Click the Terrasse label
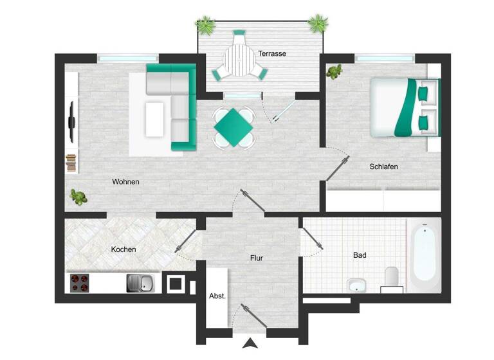[272, 53]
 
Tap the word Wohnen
[125, 182]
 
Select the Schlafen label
[383, 166]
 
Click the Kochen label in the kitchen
[123, 249]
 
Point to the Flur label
[257, 258]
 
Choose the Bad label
[360, 255]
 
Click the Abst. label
[217, 296]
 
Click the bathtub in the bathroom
[424, 252]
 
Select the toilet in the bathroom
[391, 278]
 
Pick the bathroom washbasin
[356, 284]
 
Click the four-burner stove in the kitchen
[80, 282]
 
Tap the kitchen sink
[140, 282]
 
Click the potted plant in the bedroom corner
[334, 71]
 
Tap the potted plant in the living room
[78, 197]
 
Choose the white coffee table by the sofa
[154, 119]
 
